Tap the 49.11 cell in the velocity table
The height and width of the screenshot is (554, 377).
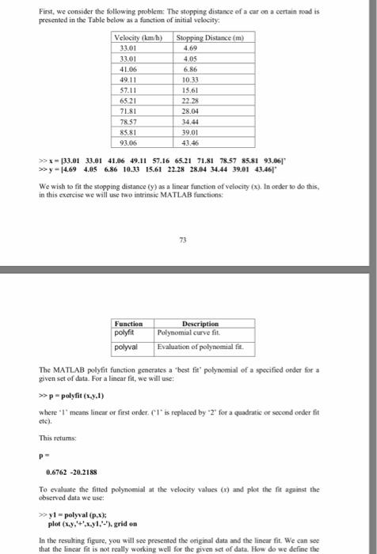128,81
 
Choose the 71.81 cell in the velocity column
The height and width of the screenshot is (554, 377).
128,112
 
